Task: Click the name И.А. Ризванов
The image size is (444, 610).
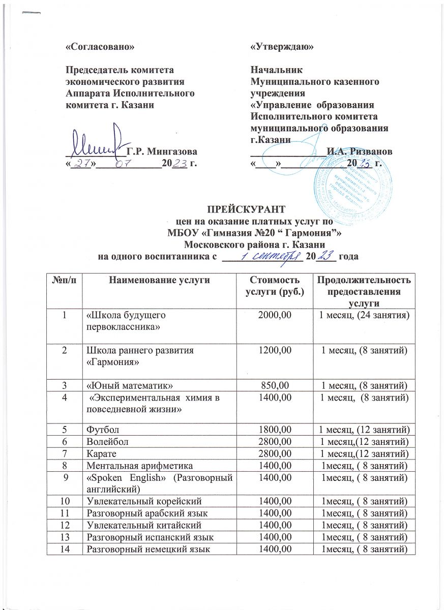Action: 359,151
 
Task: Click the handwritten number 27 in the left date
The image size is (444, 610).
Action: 80,164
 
